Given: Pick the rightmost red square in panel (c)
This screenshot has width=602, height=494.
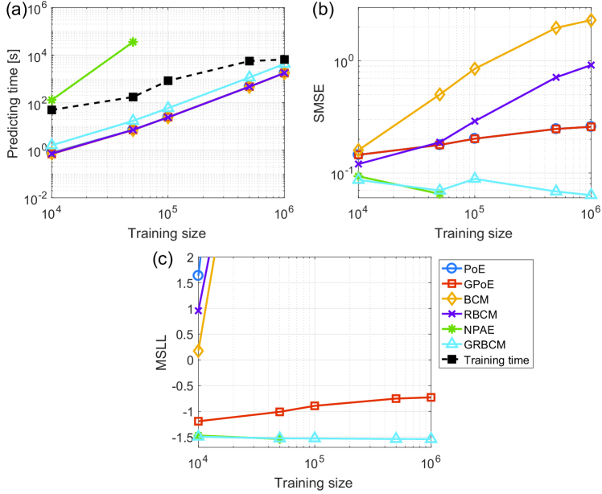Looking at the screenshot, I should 431,397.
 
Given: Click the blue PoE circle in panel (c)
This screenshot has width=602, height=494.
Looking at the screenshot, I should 198,275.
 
